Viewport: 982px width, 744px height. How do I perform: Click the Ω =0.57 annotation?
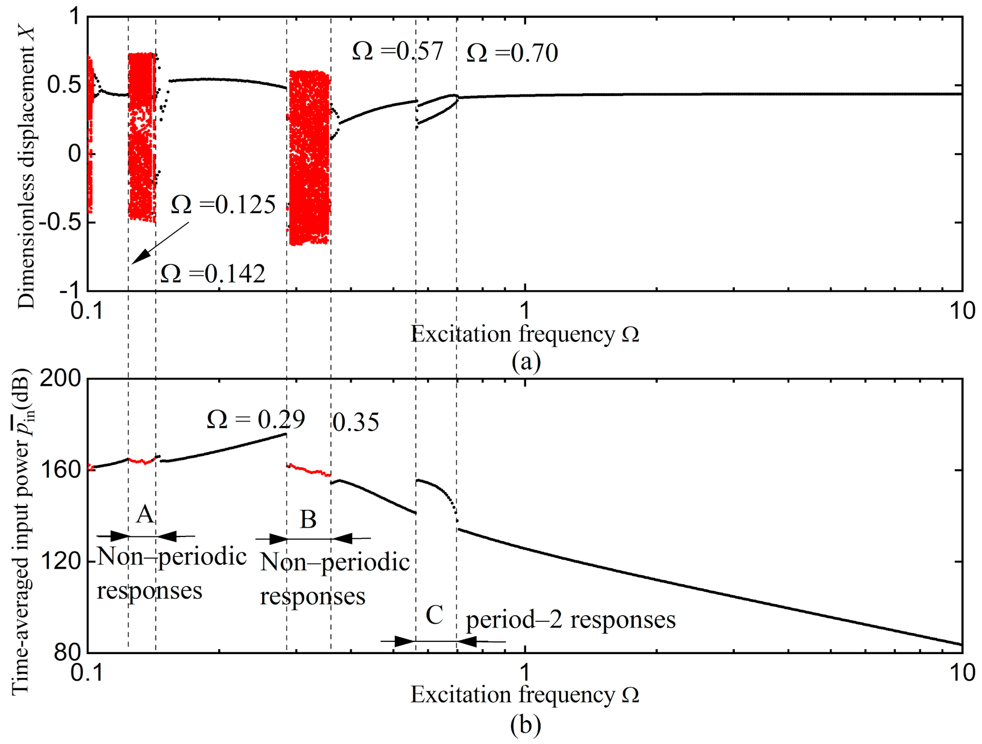coord(398,51)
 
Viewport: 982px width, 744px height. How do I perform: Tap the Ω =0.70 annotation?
coord(512,53)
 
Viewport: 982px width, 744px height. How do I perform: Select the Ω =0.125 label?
coord(223,205)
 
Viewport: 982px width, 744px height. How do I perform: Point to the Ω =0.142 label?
coord(213,274)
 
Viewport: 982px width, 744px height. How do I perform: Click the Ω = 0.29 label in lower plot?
coord(255,419)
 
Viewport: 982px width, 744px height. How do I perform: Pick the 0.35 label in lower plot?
coord(355,423)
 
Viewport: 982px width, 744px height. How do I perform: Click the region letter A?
coord(145,514)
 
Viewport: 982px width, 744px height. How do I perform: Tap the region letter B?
coord(308,520)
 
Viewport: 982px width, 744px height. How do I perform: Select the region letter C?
coord(434,615)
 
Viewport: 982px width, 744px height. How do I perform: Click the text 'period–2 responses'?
coord(570,620)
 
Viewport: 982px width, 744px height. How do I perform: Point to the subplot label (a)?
coord(525,361)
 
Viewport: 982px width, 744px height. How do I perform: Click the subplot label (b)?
coord(525,725)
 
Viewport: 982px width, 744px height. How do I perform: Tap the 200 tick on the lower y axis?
coord(61,378)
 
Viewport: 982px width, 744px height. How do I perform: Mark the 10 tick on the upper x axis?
coord(962,311)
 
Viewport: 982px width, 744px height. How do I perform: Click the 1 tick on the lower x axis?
coord(525,673)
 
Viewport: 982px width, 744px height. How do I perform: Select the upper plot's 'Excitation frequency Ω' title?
coord(524,335)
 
